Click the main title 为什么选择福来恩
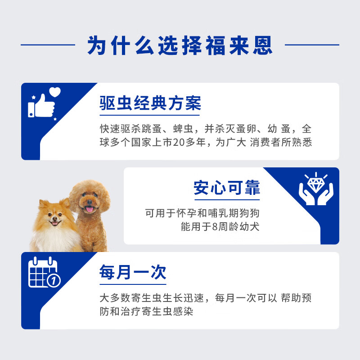click(x=180, y=45)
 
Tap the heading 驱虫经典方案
click(x=150, y=103)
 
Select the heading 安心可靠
click(x=227, y=188)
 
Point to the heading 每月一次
click(x=133, y=272)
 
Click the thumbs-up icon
click(x=41, y=106)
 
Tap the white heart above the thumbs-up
click(x=55, y=92)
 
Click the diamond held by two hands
click(x=316, y=185)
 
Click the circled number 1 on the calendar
click(x=54, y=280)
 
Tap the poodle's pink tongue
click(x=90, y=209)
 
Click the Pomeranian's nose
click(x=54, y=219)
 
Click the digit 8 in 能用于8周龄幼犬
click(x=215, y=227)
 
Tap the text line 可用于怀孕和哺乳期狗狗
click(x=202, y=213)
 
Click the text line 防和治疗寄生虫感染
click(x=146, y=311)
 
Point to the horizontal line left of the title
click(x=48, y=45)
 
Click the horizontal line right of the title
click(x=312, y=45)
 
